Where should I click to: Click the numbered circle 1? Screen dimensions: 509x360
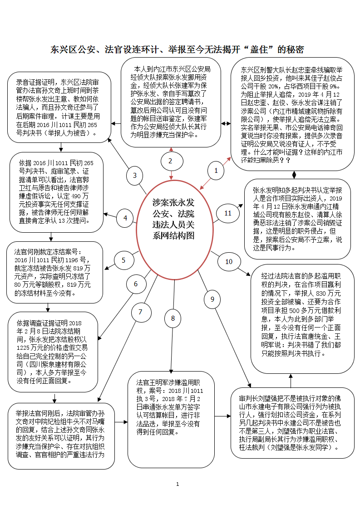[216, 171]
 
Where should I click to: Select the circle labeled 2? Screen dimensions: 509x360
[170, 161]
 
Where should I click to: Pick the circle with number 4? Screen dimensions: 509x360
[125, 218]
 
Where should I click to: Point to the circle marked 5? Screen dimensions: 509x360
[123, 260]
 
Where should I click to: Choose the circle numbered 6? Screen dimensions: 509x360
[135, 284]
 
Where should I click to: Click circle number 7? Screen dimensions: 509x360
[140, 312]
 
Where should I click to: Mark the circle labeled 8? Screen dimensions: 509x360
[173, 318]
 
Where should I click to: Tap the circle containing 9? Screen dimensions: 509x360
[212, 299]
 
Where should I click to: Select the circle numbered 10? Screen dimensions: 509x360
[228, 261]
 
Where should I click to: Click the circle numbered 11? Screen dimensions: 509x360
[228, 213]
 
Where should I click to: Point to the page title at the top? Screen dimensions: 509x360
[177, 49]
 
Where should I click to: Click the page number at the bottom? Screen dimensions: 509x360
[178, 485]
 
